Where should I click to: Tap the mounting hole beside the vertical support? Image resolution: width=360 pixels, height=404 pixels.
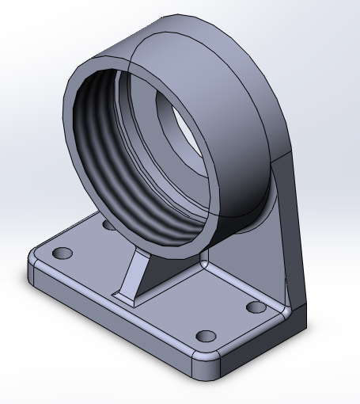coord(254,307)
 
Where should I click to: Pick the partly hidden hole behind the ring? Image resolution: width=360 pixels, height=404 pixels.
coord(108,225)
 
